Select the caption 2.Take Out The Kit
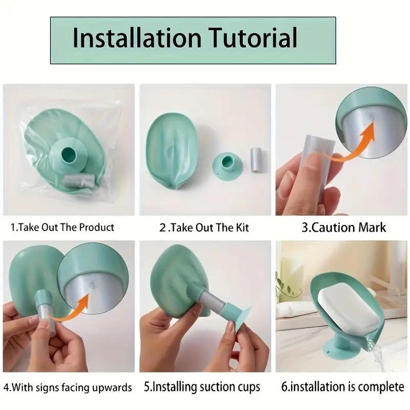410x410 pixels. pyautogui.click(x=204, y=227)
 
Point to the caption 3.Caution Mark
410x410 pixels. pyautogui.click(x=343, y=227)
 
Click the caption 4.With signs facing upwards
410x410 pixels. pyautogui.click(x=68, y=387)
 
